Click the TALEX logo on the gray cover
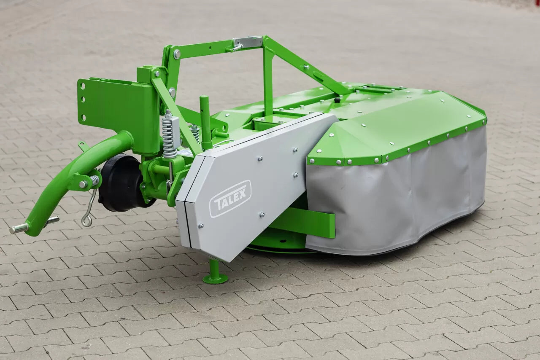(230, 199)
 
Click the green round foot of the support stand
(215, 279)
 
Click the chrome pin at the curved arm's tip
(19, 228)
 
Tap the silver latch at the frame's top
(247, 43)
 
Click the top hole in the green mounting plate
(83, 86)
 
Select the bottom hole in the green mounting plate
(84, 118)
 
